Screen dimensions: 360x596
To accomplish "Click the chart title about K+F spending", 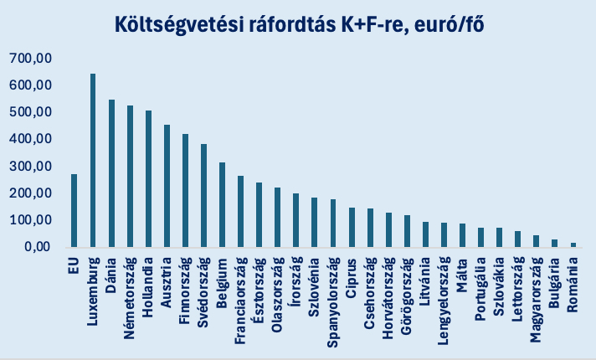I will coord(299,25).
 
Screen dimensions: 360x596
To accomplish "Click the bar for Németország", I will coord(130,177).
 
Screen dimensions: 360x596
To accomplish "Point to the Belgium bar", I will coord(223,205).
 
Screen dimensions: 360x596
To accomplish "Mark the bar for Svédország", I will coord(203,196).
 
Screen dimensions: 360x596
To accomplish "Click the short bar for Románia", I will coord(573,244).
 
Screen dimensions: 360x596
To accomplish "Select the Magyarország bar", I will coord(536,241).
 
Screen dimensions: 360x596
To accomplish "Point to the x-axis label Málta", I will coord(463,272).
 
